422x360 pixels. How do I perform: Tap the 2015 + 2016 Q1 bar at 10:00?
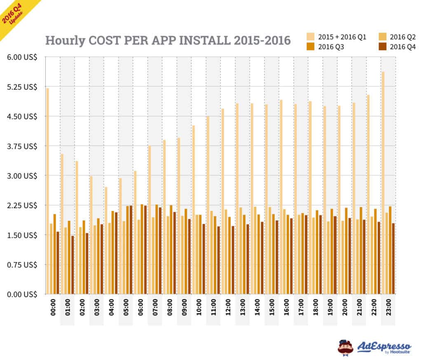tap(193, 210)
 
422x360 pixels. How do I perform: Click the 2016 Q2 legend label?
tap(403, 37)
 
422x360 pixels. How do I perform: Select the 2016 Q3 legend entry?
tap(330, 47)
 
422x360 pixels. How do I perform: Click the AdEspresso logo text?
tap(383, 345)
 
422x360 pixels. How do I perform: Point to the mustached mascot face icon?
tap(345, 347)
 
